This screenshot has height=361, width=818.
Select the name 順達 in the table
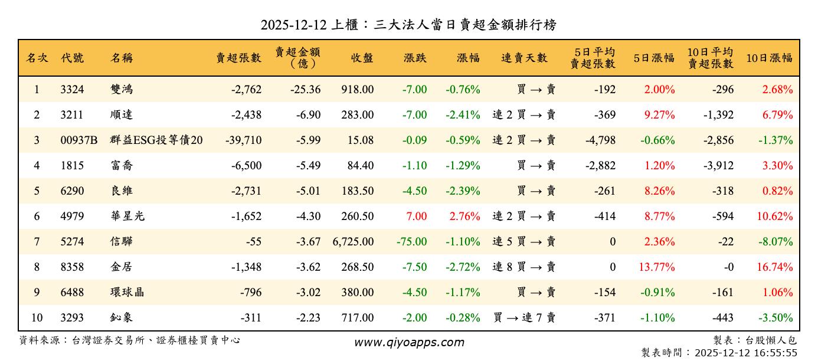tap(122, 115)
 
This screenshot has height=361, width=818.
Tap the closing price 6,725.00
tap(353, 241)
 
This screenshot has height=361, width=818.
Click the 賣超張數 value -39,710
tap(243, 140)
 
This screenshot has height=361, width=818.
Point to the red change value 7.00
tap(416, 216)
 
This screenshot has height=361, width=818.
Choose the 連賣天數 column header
tap(524, 58)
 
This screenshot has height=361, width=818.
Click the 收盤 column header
tap(362, 58)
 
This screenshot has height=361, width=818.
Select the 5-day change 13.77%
tap(656, 267)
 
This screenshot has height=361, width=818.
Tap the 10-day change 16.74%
tap(774, 267)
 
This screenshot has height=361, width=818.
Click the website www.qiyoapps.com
tap(409, 342)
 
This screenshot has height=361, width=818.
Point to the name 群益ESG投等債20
tap(156, 140)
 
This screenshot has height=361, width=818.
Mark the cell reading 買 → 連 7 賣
tap(524, 317)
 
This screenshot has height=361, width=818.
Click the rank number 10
tap(37, 317)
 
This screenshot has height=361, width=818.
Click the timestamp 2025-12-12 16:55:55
tap(746, 353)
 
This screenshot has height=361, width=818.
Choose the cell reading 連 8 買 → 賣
tap(524, 267)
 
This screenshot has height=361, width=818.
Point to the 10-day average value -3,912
tap(718, 166)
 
